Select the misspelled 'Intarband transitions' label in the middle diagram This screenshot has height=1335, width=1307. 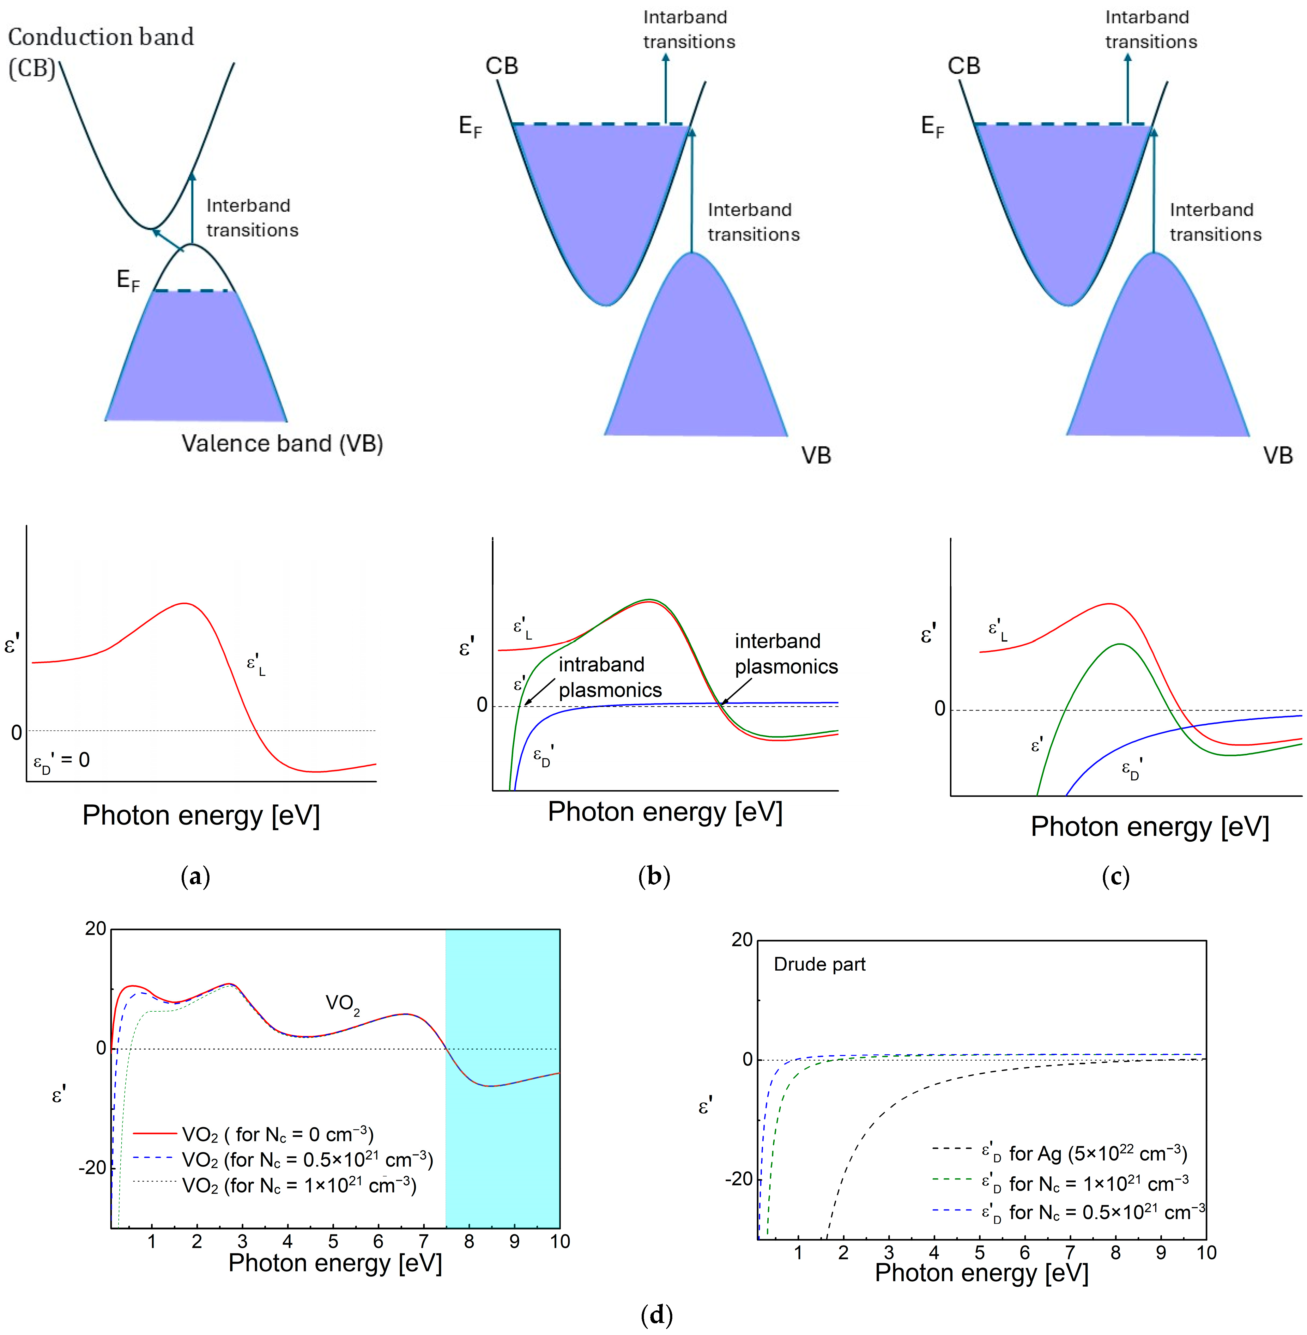[688, 29]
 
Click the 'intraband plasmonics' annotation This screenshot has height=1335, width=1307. [609, 677]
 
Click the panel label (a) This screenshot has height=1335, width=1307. [195, 877]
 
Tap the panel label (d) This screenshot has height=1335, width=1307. [656, 1314]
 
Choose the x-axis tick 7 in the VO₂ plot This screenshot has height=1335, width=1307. [424, 1241]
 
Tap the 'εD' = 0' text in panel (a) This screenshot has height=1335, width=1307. [62, 760]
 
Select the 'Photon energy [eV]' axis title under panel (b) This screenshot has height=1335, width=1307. [664, 812]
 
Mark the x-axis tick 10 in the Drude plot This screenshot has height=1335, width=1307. [1206, 1253]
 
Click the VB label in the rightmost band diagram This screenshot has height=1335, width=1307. [1278, 455]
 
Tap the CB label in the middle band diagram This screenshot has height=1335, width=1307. [502, 66]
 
